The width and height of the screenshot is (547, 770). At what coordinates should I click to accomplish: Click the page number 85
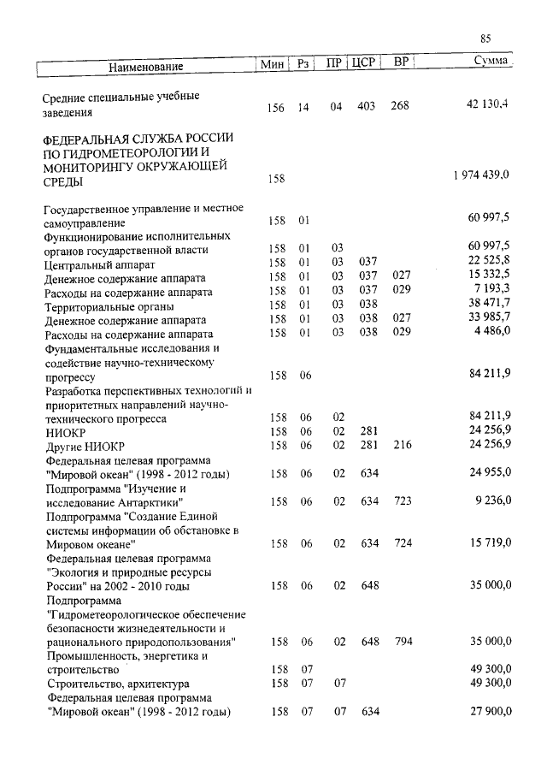click(485, 39)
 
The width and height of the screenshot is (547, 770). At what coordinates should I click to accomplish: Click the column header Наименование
click(145, 66)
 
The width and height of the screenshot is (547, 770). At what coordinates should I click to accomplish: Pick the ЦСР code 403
click(367, 106)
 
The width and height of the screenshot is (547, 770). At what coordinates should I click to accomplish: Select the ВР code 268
click(400, 106)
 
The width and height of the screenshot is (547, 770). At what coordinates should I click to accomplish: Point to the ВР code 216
click(403, 445)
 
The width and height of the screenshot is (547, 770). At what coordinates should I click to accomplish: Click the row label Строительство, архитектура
click(116, 684)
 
